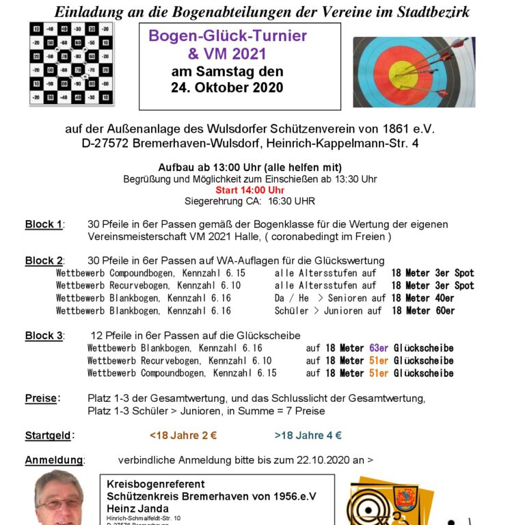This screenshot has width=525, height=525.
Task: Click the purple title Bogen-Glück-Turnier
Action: point(228,36)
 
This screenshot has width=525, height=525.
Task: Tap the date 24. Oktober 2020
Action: point(226,87)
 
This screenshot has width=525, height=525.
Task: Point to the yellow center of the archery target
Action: point(402,71)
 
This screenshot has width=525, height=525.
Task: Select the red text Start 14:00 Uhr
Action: point(250,190)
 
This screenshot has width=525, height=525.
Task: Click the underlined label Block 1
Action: point(44,224)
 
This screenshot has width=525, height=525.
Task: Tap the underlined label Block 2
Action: point(44,260)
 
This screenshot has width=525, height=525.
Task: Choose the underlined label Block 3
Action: point(44,336)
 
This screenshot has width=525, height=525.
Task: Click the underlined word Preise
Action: point(42,398)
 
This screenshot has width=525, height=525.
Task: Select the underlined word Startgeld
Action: point(48,435)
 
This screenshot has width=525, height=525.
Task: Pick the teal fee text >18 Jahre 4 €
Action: point(308,435)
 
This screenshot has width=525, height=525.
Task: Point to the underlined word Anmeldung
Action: point(54,460)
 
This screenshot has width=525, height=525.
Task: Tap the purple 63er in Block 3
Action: point(379,348)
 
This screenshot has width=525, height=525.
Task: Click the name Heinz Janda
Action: point(137,509)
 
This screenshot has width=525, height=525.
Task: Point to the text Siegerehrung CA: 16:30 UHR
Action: point(250,201)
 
